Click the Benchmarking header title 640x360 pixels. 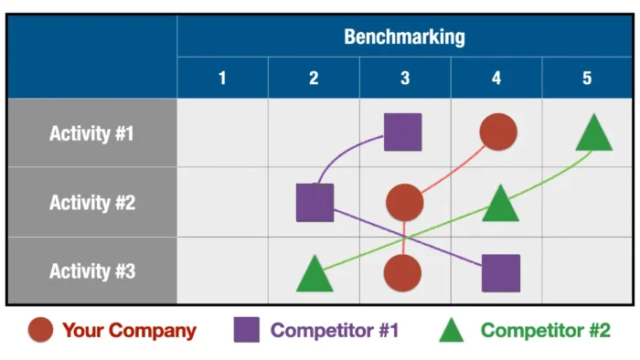(404, 37)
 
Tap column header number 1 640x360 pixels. (222, 79)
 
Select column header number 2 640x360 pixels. (314, 79)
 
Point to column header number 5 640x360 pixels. (587, 79)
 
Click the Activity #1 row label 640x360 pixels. (91, 133)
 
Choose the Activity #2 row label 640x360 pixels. (91, 203)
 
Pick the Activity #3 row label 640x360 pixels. (91, 271)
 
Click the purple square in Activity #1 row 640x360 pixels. (402, 132)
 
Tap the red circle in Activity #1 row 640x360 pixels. (498, 132)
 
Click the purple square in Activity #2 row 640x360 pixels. (315, 203)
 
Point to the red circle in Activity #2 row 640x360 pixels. (404, 203)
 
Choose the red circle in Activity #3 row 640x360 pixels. (402, 273)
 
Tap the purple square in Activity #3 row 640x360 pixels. (501, 273)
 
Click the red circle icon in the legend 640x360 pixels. (39, 330)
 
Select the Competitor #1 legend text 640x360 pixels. (335, 331)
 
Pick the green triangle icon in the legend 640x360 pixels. (452, 331)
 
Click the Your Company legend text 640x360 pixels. (129, 331)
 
